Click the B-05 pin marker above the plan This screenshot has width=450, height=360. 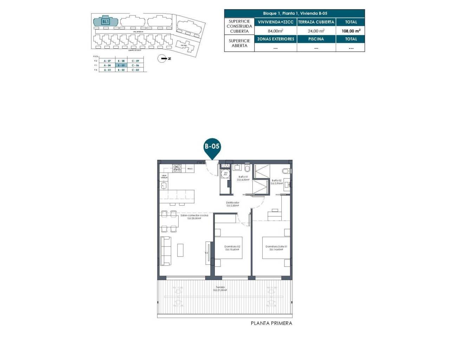pos(212,146)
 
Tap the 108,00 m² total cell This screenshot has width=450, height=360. pos(351,31)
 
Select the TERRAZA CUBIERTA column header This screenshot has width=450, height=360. pos(316,22)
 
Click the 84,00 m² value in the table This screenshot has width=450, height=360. pos(275,31)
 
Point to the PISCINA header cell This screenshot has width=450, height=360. pos(316,39)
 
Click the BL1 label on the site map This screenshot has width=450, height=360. pos(105,21)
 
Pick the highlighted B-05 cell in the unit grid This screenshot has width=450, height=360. pos(121,65)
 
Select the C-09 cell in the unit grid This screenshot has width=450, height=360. pos(135,61)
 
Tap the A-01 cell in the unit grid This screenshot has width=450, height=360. pos(107,70)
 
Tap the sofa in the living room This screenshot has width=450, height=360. pos(166,251)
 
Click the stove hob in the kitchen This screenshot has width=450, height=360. pos(177,168)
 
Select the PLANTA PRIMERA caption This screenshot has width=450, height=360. pos(271,323)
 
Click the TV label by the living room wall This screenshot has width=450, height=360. pos(206,253)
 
